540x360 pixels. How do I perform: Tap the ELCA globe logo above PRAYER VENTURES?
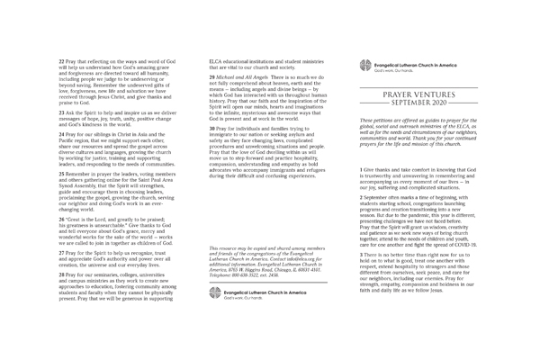click(364, 65)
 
